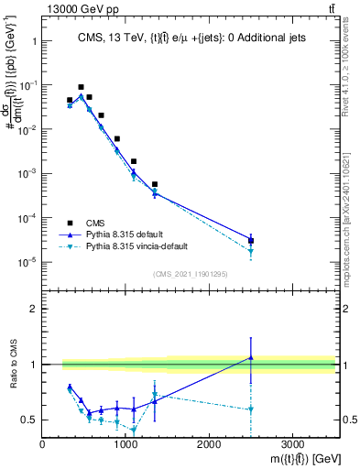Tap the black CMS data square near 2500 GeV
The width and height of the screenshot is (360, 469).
(x=250, y=240)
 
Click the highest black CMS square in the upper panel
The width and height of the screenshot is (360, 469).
(x=81, y=87)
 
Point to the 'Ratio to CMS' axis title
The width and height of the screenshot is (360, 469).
(x=10, y=365)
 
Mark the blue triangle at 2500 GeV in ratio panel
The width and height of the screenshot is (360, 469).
(x=250, y=358)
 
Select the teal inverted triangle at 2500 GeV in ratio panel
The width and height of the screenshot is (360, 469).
(x=250, y=409)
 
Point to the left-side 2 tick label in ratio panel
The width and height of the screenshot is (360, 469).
(x=33, y=309)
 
